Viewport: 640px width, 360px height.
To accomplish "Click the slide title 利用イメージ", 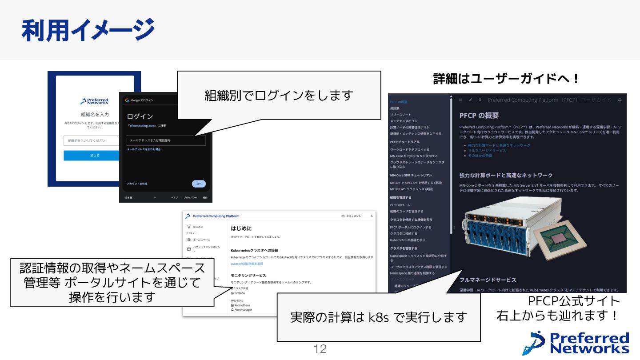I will (x=88, y=30).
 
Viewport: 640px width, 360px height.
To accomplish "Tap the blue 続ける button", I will (x=95, y=156).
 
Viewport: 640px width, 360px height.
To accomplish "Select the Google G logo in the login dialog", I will (x=127, y=100).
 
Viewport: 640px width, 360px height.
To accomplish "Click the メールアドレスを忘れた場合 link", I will (x=144, y=149).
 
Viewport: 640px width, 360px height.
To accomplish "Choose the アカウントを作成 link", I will (x=136, y=184).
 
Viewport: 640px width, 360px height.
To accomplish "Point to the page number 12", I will (x=320, y=349).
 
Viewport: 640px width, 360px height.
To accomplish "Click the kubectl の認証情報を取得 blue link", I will (x=247, y=264).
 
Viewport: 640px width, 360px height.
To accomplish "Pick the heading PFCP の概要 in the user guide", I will (x=479, y=116).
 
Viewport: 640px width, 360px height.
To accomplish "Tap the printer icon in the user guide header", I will (x=620, y=100).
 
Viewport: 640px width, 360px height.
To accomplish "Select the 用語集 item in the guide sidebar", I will (x=395, y=108).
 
